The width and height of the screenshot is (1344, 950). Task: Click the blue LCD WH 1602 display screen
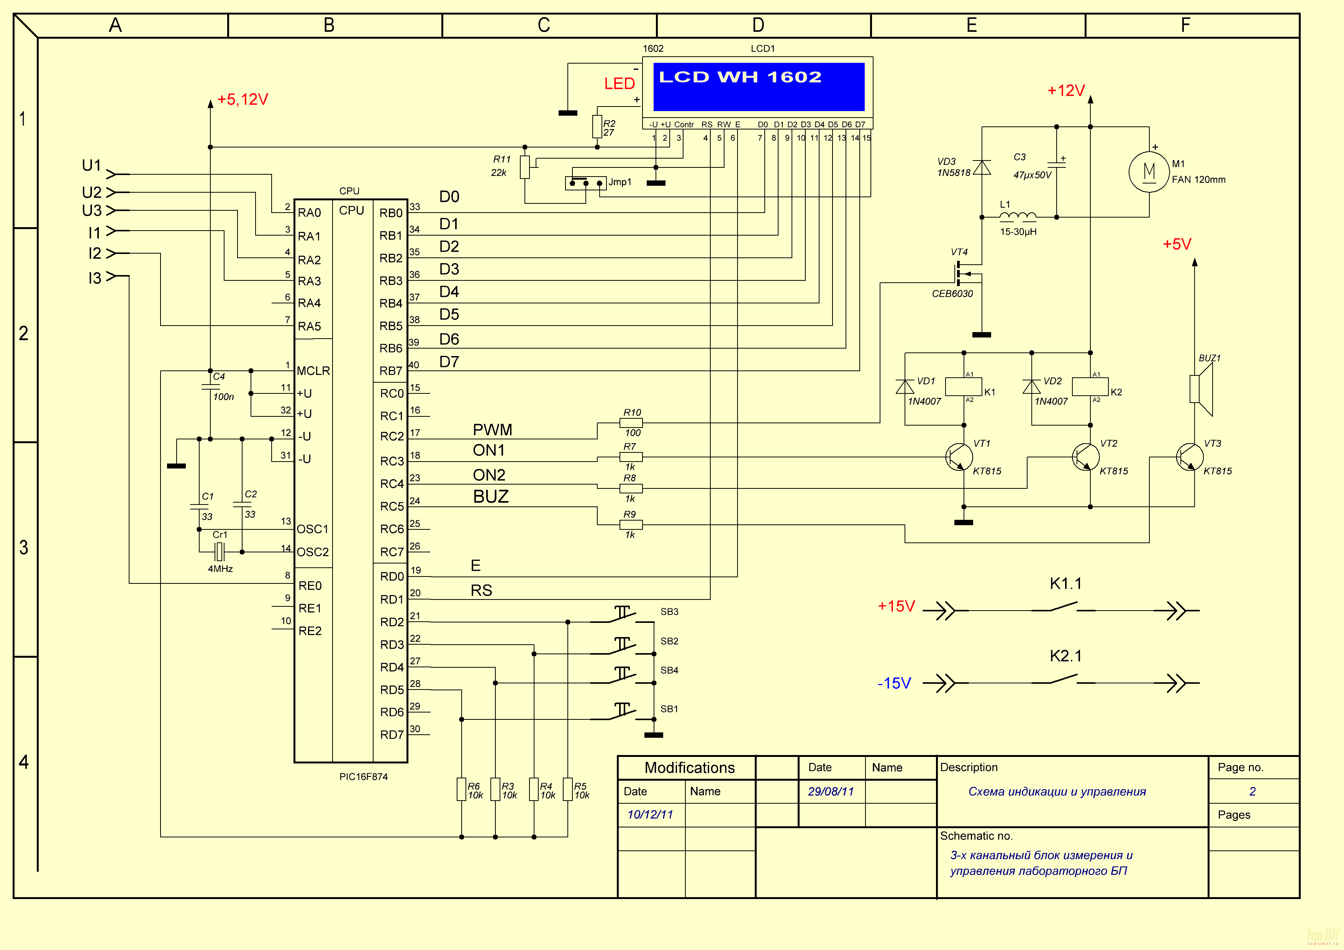tap(758, 87)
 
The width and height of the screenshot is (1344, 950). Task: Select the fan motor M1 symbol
tap(1149, 172)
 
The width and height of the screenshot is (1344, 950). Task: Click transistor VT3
tap(1190, 457)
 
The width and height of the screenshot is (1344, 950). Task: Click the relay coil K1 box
tap(964, 387)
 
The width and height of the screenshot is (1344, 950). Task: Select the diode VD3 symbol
tap(982, 167)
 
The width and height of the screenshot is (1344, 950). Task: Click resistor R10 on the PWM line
tap(631, 423)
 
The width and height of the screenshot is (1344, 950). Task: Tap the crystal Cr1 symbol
tap(220, 551)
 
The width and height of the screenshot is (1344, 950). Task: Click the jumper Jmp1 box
tap(585, 183)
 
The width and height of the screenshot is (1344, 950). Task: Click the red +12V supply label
tap(1065, 91)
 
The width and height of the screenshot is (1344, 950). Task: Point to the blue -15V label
tap(894, 683)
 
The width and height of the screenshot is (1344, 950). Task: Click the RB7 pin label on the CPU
tap(390, 371)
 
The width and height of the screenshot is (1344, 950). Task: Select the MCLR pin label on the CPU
tap(313, 371)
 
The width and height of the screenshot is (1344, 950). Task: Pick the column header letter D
tap(758, 25)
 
